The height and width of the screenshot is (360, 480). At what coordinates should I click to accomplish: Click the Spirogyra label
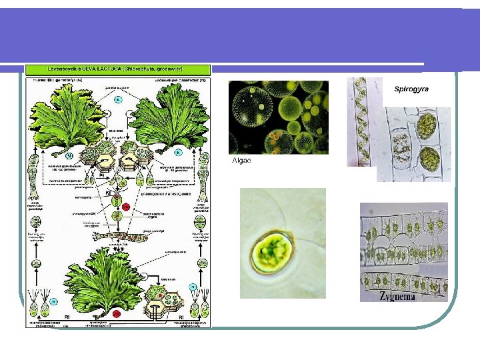(x=411, y=89)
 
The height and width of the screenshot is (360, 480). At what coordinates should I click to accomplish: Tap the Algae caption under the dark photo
(x=241, y=161)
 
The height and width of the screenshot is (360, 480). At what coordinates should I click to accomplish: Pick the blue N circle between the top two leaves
(x=117, y=99)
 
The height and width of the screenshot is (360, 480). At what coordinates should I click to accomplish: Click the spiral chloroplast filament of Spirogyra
(x=360, y=123)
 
